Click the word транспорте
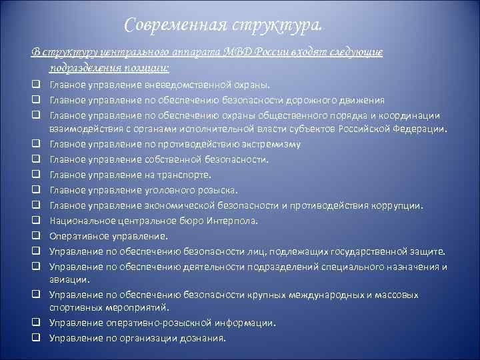pyautogui.click(x=185, y=175)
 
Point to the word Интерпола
pyautogui.click(x=231, y=221)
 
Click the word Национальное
pyautogui.click(x=80, y=221)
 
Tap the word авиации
pyautogui.click(x=65, y=280)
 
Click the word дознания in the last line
pyautogui.click(x=205, y=338)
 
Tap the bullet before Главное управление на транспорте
pyautogui.click(x=41, y=175)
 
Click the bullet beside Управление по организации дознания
pyautogui.click(x=41, y=338)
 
